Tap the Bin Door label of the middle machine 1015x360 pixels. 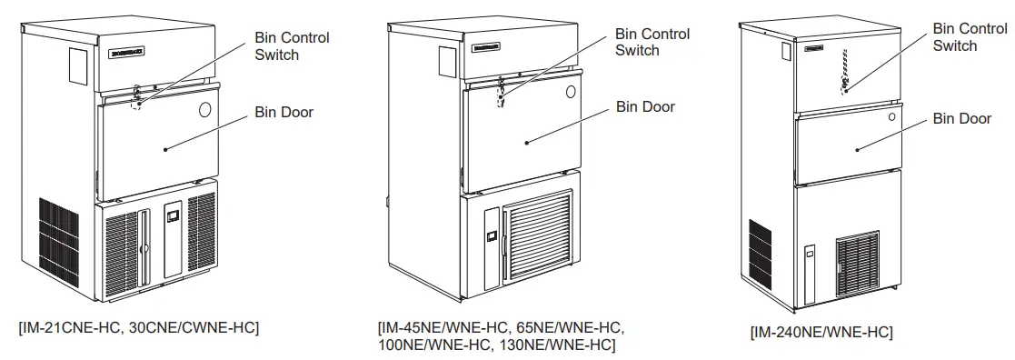point(645,106)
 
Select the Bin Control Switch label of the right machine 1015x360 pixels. point(970,37)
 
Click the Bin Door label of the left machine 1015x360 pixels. point(283,113)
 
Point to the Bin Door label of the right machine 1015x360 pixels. point(962,118)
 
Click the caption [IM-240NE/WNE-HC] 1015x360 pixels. point(821,332)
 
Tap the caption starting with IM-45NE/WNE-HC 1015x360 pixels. point(501,335)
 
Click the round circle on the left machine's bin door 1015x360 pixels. point(204,110)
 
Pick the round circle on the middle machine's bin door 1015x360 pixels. point(569,92)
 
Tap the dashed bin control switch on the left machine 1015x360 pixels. point(137,102)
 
